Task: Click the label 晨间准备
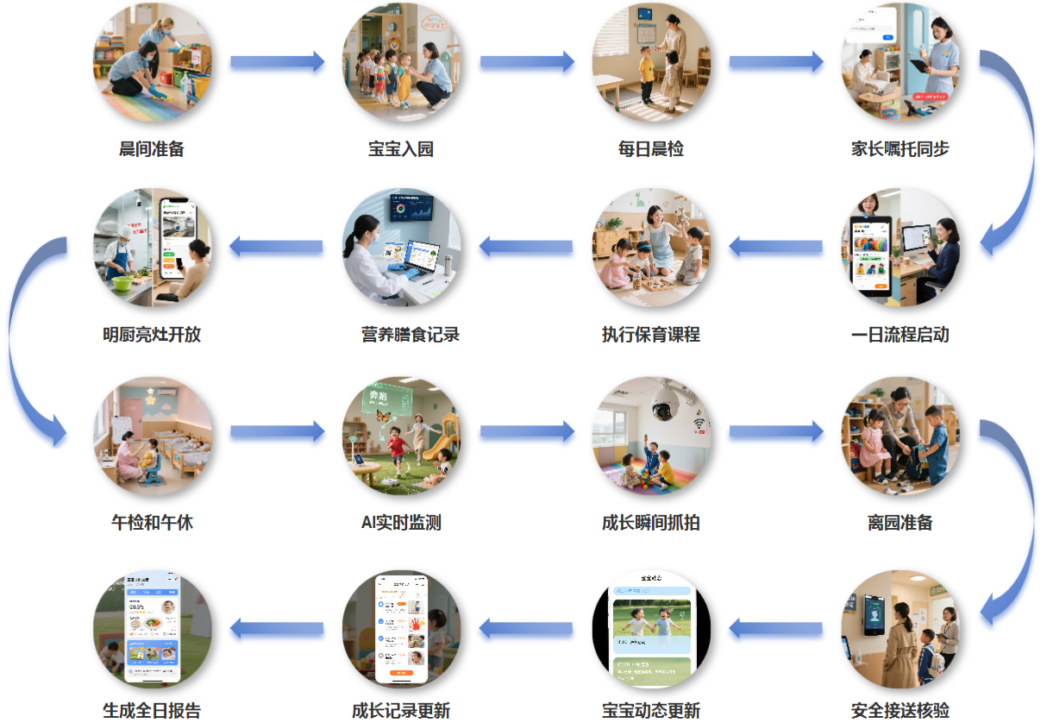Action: click(x=152, y=149)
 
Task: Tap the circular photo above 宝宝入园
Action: click(x=401, y=62)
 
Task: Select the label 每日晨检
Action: click(x=651, y=149)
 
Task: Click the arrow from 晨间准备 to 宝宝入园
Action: click(x=277, y=62)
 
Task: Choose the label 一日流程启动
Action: click(x=900, y=335)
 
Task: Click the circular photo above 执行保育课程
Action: click(x=651, y=248)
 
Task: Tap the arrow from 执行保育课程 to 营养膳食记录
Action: click(x=526, y=248)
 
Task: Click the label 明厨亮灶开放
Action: click(x=152, y=335)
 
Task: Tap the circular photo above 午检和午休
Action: click(x=152, y=435)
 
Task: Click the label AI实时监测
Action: click(x=401, y=523)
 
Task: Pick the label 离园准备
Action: click(x=900, y=523)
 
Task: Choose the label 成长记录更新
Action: click(x=401, y=711)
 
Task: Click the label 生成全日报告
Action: click(x=152, y=711)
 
